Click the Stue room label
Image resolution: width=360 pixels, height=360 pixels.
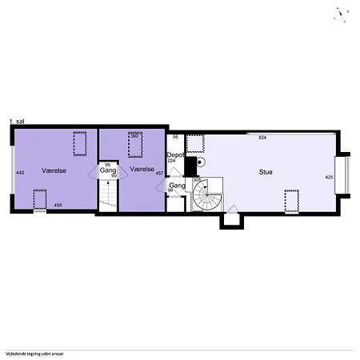tap(265, 171)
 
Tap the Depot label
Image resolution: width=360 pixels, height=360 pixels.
tap(174, 154)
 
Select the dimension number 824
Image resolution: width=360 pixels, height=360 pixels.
tap(262, 138)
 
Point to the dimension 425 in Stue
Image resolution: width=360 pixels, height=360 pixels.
tap(329, 177)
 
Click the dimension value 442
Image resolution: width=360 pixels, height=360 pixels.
tap(21, 172)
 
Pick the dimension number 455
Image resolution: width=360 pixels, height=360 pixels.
tap(58, 206)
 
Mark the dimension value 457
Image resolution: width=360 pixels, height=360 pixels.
tap(159, 173)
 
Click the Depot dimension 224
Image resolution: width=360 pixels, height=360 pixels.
tap(171, 161)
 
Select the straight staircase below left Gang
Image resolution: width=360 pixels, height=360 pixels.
tap(107, 194)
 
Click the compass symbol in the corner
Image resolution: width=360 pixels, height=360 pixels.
tap(342, 12)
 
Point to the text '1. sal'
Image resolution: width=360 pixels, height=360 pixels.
tap(17, 121)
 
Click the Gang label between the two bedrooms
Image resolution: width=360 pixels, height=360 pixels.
tap(109, 170)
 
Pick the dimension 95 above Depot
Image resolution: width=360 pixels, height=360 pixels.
tap(175, 138)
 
